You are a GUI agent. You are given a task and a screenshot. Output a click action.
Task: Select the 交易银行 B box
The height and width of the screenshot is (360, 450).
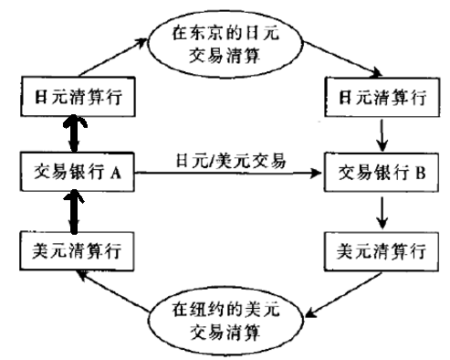click(x=375, y=171)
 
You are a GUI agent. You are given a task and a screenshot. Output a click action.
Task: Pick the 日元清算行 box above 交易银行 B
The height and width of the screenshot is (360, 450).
click(x=375, y=94)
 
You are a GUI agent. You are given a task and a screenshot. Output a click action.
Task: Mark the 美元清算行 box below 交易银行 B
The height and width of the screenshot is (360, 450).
click(x=375, y=248)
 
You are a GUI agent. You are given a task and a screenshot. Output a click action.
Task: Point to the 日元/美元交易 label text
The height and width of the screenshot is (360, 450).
click(x=228, y=161)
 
